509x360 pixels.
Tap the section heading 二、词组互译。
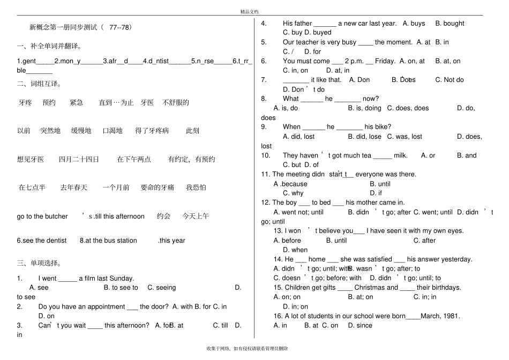click(x=39, y=84)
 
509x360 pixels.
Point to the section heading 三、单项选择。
click(x=39, y=263)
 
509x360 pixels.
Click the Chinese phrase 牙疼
click(x=25, y=102)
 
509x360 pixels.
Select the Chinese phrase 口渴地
click(x=113, y=131)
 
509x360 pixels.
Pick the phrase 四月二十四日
click(x=79, y=159)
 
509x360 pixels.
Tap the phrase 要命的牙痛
click(x=157, y=187)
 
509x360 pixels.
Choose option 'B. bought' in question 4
click(x=450, y=24)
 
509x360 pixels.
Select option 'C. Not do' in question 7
click(x=450, y=80)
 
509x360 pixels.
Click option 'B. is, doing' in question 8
click(x=364, y=108)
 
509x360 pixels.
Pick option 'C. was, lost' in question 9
click(x=405, y=137)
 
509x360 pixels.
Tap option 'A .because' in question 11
click(x=290, y=184)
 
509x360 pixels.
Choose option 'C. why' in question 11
click(x=293, y=193)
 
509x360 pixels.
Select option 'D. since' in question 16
click(x=360, y=325)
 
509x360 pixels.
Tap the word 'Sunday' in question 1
click(x=122, y=279)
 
